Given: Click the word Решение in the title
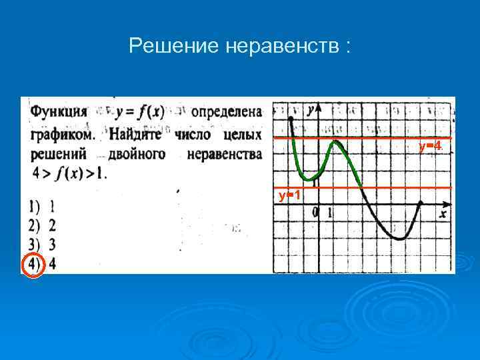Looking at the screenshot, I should pos(169,47).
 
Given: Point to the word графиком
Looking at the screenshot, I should pos(63,134).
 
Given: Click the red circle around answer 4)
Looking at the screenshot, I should pos(32,265).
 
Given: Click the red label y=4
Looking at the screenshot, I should pos(429,145).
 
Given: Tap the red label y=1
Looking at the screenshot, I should pos(289,195).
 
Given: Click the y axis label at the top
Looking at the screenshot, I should pos(310,110).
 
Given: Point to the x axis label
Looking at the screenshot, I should pos(443,213).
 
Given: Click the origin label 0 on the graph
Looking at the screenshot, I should pos(315,213).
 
